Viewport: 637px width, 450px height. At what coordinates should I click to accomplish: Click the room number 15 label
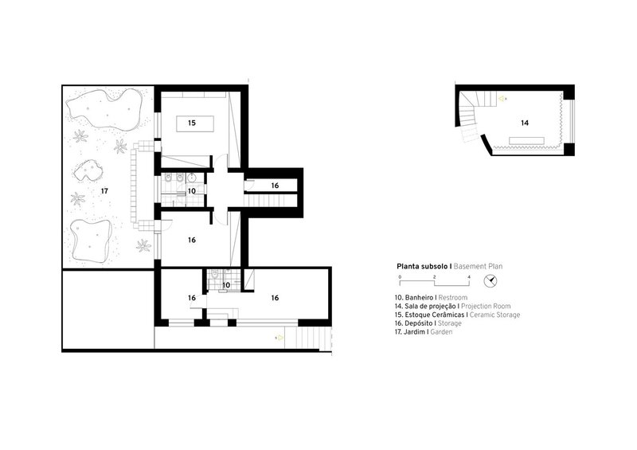(192, 123)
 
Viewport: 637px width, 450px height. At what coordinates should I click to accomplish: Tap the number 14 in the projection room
(525, 123)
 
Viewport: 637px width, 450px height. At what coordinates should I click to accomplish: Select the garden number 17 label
(104, 190)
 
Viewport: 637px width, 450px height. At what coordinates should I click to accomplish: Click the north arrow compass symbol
(490, 281)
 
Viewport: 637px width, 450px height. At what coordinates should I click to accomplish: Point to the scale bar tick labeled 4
(469, 277)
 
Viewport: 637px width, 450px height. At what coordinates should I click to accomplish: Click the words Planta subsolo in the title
(422, 267)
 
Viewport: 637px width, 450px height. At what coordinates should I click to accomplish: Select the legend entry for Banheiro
(431, 298)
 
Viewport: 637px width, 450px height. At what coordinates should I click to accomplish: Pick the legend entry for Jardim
(424, 331)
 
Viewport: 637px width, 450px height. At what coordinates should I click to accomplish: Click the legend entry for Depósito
(428, 323)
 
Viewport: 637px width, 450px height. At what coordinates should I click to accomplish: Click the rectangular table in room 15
(195, 123)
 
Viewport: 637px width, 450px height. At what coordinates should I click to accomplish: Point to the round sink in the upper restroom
(192, 178)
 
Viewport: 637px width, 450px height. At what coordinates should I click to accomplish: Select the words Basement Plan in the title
(479, 267)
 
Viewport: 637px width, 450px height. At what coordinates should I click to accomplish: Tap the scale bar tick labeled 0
(400, 277)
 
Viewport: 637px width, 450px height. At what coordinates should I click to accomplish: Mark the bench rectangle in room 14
(527, 141)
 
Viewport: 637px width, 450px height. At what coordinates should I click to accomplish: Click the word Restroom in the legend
(453, 298)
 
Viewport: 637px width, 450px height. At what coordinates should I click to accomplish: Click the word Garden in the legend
(441, 331)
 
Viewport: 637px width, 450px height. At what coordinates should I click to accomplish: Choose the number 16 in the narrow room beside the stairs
(275, 186)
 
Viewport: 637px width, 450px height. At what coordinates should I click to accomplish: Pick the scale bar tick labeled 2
(434, 277)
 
